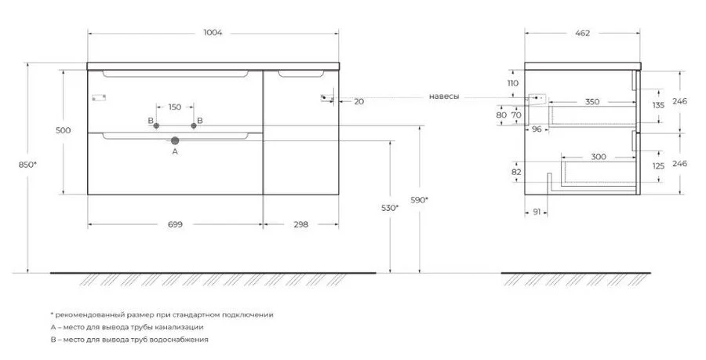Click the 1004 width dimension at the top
[213, 32]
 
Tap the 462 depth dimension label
[582, 33]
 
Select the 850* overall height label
[27, 165]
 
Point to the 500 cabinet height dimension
[64, 130]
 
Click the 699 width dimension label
[175, 224]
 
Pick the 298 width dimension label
[300, 224]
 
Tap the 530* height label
[389, 208]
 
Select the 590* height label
[419, 200]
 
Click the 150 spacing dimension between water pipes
[175, 107]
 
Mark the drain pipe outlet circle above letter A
[175, 140]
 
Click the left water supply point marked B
[156, 126]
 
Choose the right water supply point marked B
[194, 126]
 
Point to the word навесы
[444, 96]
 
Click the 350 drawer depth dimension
[592, 102]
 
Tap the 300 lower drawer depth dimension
[599, 157]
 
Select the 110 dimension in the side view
[513, 83]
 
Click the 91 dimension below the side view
[537, 212]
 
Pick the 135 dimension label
[658, 106]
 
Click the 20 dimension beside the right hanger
[358, 102]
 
